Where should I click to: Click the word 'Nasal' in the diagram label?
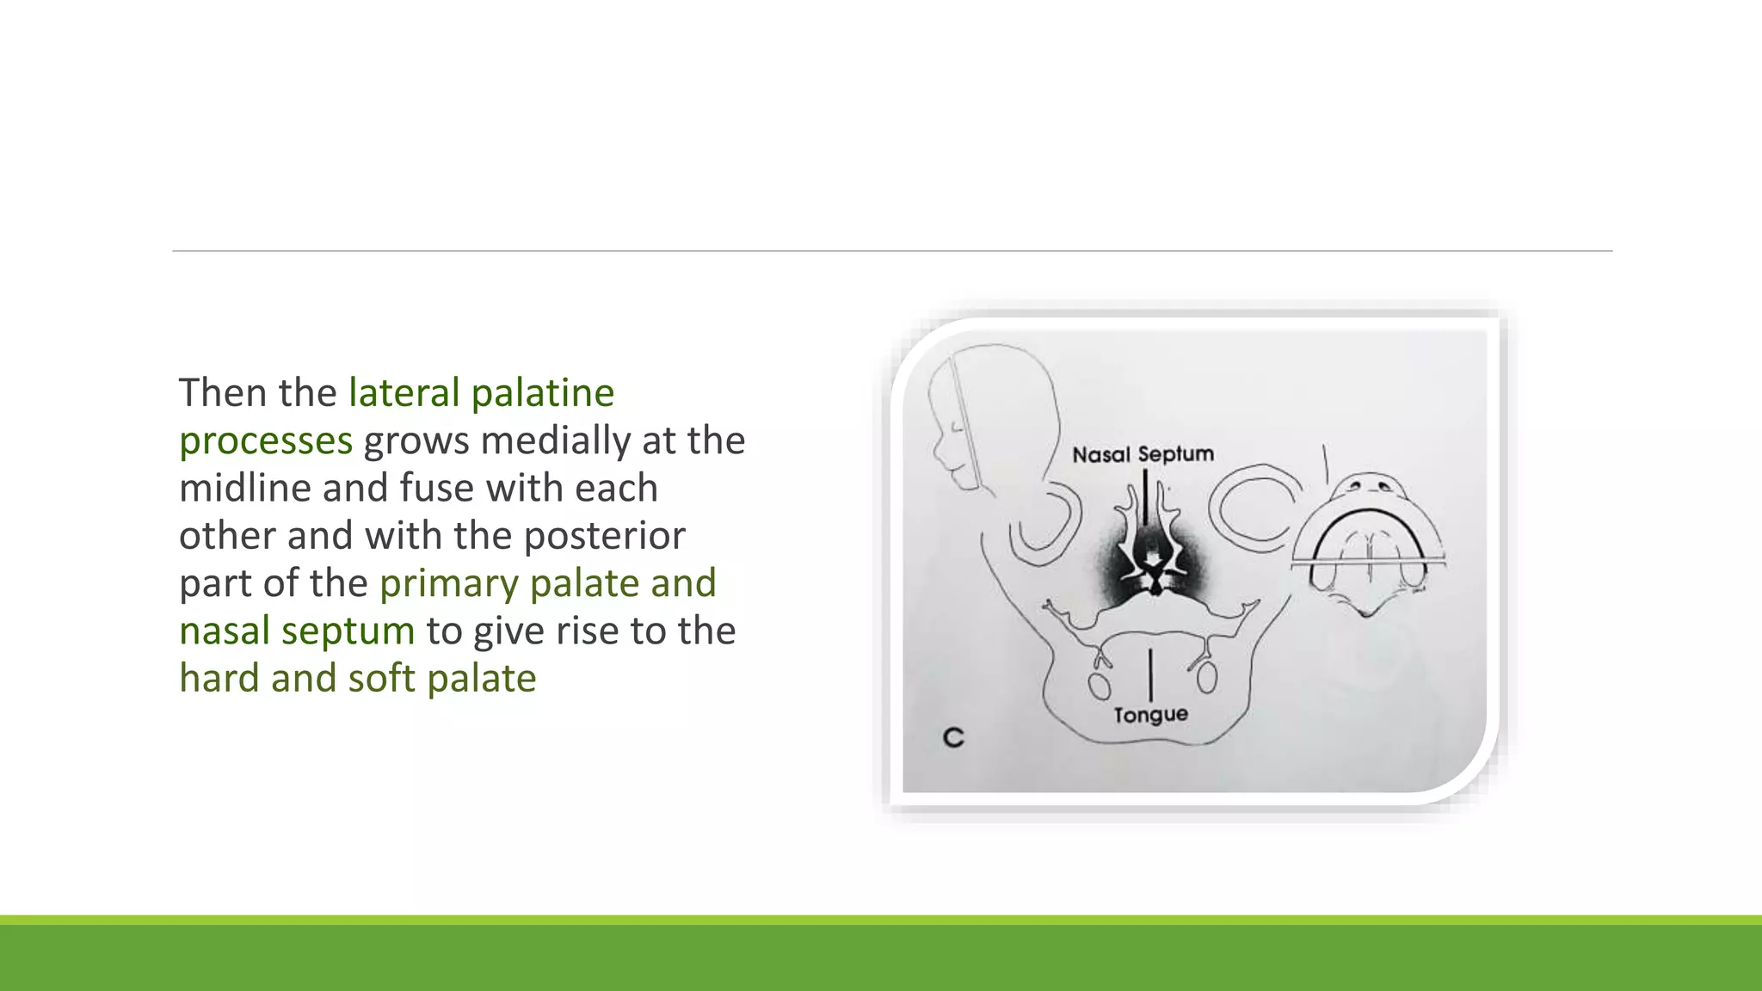(x=1100, y=454)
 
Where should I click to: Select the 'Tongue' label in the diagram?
(x=1150, y=715)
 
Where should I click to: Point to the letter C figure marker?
(x=953, y=738)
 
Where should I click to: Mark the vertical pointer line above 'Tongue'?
(x=1150, y=674)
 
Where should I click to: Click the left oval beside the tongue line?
(x=1098, y=686)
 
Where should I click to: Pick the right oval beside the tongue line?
(x=1206, y=678)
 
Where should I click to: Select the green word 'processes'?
(x=266, y=440)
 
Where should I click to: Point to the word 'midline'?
(x=245, y=488)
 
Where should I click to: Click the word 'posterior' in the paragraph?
(x=605, y=536)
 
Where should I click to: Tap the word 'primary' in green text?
(x=449, y=583)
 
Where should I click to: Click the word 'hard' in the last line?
(x=219, y=679)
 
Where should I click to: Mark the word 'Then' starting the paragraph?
(x=222, y=393)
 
